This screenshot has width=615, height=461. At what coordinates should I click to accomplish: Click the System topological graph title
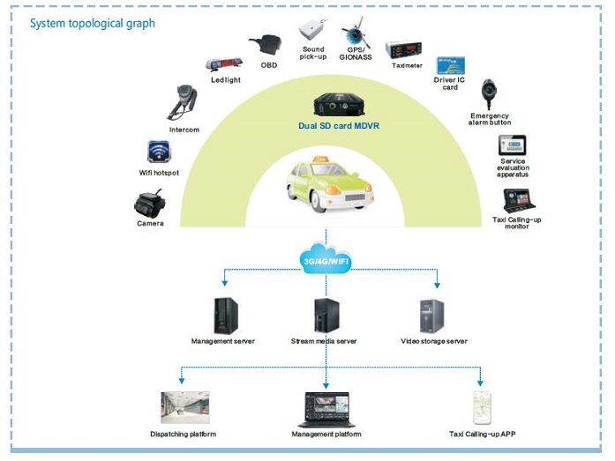tap(93, 23)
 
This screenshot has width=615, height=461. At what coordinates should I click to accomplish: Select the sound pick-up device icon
tap(314, 31)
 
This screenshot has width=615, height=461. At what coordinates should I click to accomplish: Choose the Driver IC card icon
tap(451, 65)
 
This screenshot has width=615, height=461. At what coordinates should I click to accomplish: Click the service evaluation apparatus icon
tap(512, 145)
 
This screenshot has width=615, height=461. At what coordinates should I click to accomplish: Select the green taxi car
tap(328, 183)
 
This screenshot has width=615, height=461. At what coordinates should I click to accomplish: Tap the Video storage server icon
tap(432, 316)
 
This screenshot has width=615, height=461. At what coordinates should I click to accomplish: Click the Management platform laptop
tap(326, 409)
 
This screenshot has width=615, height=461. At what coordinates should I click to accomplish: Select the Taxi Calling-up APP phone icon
tap(481, 407)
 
